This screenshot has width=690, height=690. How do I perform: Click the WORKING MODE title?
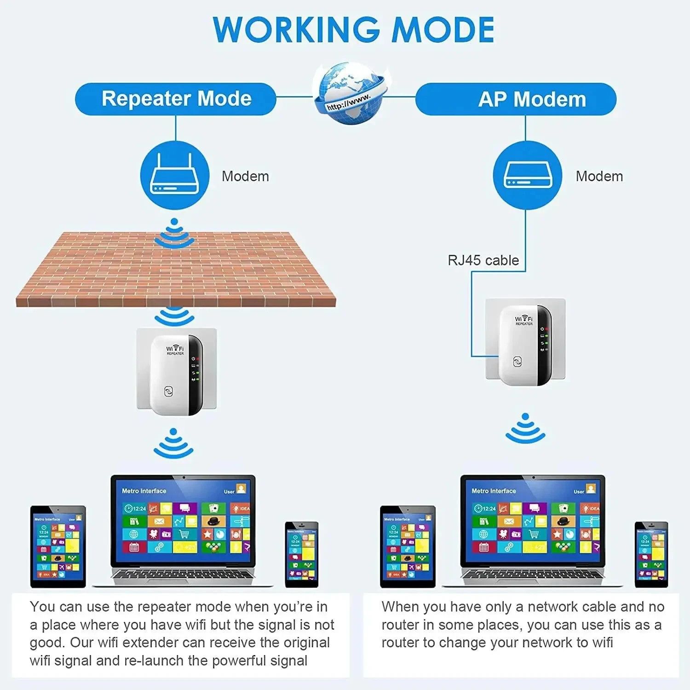pos(353,30)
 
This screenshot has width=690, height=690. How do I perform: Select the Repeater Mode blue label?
pos(176,99)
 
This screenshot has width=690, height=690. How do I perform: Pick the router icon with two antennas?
pos(174,176)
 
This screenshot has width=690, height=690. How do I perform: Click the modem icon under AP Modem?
pos(527,176)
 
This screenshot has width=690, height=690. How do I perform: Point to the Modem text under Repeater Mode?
pos(245,176)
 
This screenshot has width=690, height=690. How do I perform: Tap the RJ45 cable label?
pos(483,260)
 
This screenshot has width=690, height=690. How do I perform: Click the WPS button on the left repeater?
pos(169,391)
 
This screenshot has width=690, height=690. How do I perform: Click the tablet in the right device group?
pos(408,546)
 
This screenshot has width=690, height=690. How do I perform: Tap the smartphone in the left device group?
pos(301,554)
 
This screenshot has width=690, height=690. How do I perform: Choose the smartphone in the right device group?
pos(651,554)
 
